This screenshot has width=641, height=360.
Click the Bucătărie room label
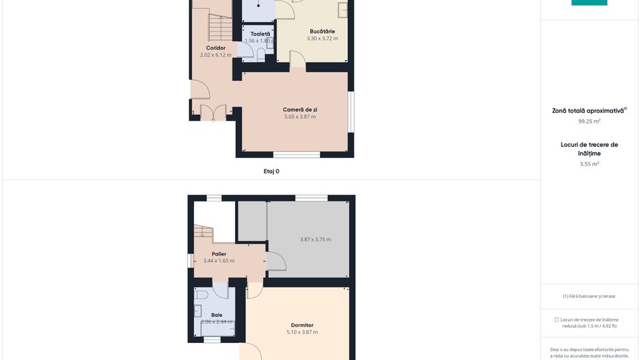[322, 31]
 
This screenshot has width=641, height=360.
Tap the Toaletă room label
[260, 33]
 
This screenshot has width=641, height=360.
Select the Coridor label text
[216, 48]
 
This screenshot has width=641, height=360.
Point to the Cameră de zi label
[300, 109]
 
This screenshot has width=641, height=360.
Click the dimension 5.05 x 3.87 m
[300, 117]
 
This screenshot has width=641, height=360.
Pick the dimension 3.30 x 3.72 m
[322, 38]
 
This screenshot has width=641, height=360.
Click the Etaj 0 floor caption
[271, 171]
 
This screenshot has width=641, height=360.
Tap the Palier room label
[219, 253]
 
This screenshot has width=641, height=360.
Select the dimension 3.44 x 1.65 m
[219, 261]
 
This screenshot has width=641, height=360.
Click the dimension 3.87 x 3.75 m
[315, 239]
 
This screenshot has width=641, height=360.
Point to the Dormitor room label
[301, 324]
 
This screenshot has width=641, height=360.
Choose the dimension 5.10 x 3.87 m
[301, 332]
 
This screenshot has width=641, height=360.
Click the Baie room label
[217, 315]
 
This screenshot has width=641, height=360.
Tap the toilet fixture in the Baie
[200, 296]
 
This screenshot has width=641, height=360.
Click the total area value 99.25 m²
[589, 121]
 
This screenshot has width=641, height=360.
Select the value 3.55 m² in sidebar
[589, 164]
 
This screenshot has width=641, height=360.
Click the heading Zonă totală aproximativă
[588, 110]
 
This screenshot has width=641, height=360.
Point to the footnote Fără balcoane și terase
[589, 296]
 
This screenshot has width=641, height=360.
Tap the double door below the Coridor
[213, 112]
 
